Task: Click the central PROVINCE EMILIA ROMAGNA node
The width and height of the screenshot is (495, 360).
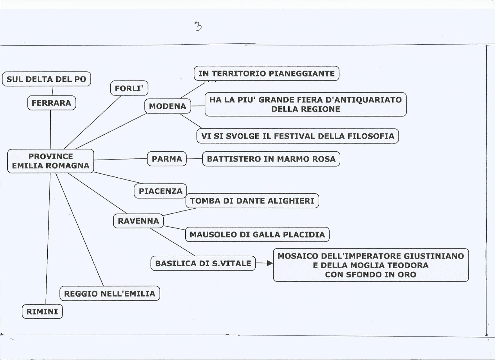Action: [50, 161]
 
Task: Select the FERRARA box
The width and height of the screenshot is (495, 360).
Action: [51, 103]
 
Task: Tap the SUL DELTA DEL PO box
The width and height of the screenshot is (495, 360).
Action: [46, 79]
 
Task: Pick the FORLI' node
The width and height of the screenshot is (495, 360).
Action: [129, 89]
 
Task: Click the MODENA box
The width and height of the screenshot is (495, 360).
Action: [168, 106]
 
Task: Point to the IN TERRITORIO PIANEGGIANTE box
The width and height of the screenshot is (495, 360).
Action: [266, 73]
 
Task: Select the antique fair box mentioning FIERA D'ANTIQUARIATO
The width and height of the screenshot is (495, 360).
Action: [305, 104]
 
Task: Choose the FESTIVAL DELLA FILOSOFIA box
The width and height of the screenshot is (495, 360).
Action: [298, 136]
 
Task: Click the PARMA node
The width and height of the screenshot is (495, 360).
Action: [167, 159]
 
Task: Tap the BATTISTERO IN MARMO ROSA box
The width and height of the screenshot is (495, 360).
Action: [271, 159]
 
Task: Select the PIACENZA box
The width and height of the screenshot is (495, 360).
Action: [160, 191]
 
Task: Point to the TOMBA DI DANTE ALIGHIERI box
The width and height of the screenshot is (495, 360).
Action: [252, 201]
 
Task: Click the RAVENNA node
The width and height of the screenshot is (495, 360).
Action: [138, 221]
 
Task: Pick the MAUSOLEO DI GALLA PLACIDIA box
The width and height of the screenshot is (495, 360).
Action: [257, 234]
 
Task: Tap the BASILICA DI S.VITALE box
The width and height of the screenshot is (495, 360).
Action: [203, 263]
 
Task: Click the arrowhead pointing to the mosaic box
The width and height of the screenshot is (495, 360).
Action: [270, 263]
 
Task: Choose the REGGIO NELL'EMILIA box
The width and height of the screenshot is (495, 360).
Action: [110, 293]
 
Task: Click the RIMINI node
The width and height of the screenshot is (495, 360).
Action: [42, 311]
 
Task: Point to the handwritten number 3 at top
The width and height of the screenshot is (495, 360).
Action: [198, 27]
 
